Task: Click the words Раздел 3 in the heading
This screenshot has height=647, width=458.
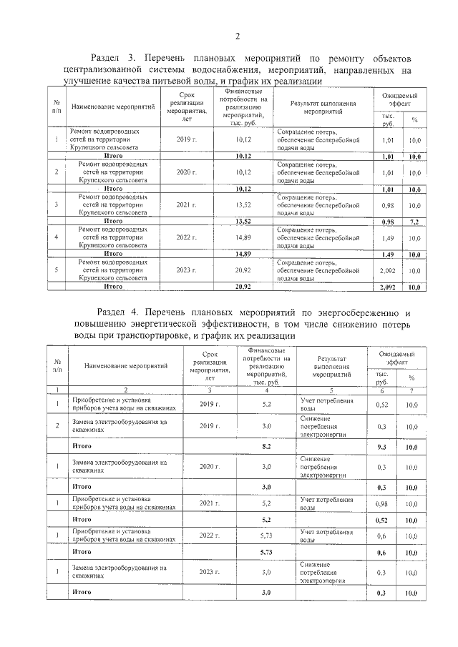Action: tap(114, 56)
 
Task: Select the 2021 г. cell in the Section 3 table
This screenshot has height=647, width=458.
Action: tap(186, 205)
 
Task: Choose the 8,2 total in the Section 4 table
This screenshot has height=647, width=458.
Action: tap(266, 445)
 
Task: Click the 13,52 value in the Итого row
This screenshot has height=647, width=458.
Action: tap(243, 222)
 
